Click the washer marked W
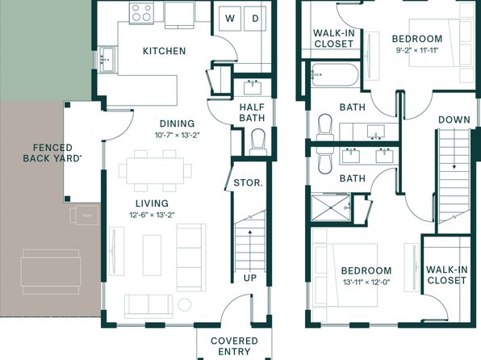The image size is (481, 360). (x=230, y=19)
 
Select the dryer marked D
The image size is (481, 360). (x=255, y=19)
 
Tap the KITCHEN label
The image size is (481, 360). (x=165, y=51)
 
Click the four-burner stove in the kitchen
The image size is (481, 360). (x=141, y=13)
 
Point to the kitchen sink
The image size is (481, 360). (x=107, y=60)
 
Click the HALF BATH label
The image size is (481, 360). (x=252, y=112)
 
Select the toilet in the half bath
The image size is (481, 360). (x=258, y=142)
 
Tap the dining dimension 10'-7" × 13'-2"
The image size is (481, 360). (x=178, y=135)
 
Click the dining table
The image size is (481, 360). (x=155, y=170)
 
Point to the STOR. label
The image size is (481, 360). (x=249, y=183)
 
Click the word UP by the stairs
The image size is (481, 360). (x=250, y=278)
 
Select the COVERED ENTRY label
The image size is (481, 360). (x=234, y=346)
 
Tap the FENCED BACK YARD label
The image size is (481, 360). (x=52, y=153)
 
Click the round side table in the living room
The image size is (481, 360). (x=185, y=305)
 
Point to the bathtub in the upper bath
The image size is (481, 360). (x=334, y=74)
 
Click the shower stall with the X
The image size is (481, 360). (x=330, y=207)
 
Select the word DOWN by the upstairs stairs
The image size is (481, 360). (x=454, y=119)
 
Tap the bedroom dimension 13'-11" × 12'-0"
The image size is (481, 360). (x=366, y=282)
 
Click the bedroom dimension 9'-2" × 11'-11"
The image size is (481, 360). (x=417, y=50)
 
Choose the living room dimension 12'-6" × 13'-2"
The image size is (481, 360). (x=153, y=215)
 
